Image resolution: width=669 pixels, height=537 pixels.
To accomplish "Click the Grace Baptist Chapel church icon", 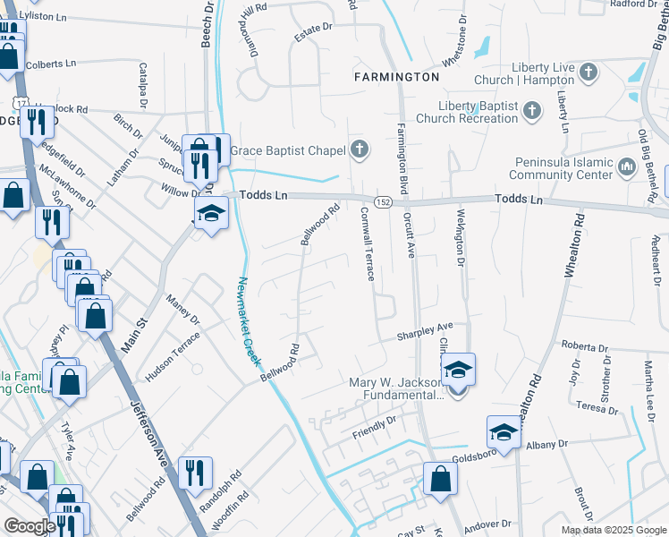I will coord(360,149).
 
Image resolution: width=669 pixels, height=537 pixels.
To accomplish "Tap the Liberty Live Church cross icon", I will coord(588,72).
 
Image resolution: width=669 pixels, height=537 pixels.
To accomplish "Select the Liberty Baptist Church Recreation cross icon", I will coord(531,111).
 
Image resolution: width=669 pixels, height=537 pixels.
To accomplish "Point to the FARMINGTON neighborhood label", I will coord(396,77).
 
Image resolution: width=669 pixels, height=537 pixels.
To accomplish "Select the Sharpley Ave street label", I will coord(426,331).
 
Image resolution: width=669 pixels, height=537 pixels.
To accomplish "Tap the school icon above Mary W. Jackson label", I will coord(457,369).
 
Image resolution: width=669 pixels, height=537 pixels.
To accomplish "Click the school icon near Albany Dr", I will coord(504,432).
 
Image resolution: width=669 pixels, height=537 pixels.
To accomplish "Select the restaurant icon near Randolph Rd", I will coord(195,471).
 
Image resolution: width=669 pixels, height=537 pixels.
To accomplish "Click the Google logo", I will coord(30,526).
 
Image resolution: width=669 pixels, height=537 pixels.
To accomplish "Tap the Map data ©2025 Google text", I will coord(613,530).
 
